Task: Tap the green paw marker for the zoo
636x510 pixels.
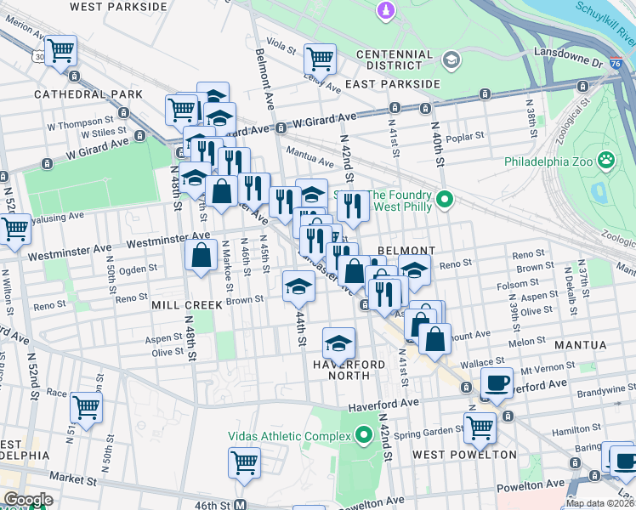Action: coord(605,160)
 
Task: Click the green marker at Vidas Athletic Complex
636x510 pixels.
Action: coord(364,437)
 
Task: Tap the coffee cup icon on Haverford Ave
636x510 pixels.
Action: coord(497,382)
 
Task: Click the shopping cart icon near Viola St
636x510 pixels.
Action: coord(319,59)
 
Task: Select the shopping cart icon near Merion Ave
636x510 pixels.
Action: coord(60,51)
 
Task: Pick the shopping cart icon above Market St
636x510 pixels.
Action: coord(243,463)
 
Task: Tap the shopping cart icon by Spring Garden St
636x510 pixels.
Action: coord(480,427)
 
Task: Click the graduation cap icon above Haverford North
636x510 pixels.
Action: coord(338,343)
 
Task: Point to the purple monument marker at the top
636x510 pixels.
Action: coord(386,10)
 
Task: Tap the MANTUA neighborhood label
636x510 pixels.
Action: coord(581,345)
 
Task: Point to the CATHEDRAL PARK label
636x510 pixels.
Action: coord(77,94)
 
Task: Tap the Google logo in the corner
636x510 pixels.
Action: coord(27,500)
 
